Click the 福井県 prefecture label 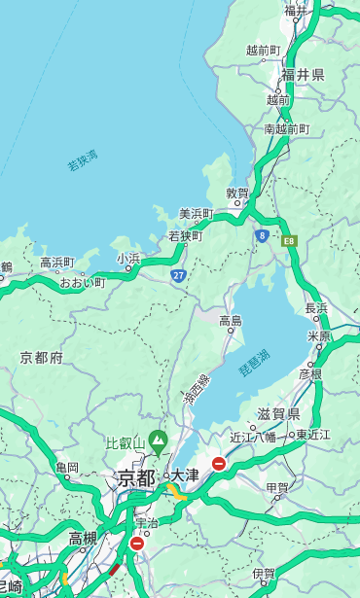coord(303,75)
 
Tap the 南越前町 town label coord(287,128)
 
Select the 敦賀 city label coord(237,193)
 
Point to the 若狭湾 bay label coord(83,160)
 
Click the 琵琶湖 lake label coord(254,362)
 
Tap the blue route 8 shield coord(262,235)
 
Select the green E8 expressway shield coord(289,240)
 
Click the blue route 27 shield coord(178,276)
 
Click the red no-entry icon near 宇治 coord(136,544)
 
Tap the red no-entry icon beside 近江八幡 coord(219,464)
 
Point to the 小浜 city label coord(128,259)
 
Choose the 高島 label coord(231,321)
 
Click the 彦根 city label coord(309,373)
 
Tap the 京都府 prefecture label coord(42,358)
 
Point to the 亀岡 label coord(66,468)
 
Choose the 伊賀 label coord(264,574)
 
